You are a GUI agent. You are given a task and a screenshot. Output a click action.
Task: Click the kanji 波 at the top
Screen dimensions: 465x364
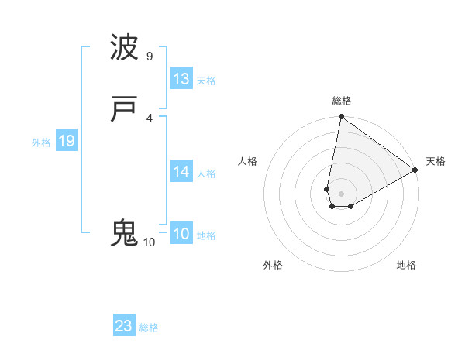[125, 48]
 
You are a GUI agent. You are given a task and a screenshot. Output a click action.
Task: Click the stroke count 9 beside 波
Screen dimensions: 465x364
[150, 57]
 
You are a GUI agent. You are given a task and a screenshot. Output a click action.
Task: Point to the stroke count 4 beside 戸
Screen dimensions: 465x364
[150, 118]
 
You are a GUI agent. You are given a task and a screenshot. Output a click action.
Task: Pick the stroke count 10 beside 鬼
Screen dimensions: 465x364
[150, 242]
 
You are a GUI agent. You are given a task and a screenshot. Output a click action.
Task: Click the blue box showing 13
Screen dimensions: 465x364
[181, 79]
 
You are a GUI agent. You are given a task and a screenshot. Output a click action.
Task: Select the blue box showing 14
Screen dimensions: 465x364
[181, 172]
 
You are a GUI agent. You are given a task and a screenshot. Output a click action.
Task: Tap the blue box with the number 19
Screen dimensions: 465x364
[67, 141]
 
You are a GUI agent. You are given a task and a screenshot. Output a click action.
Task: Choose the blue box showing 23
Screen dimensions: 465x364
[124, 326]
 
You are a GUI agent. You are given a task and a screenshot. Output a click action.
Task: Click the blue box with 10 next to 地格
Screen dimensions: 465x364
[181, 234]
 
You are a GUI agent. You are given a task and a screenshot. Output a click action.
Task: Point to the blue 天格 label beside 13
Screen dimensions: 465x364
[206, 81]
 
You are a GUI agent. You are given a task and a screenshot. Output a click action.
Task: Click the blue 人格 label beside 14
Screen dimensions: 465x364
[206, 173]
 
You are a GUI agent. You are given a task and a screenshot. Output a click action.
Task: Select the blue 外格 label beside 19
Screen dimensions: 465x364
[41, 143]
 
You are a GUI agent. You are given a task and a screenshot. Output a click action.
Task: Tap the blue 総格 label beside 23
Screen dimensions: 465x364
[149, 328]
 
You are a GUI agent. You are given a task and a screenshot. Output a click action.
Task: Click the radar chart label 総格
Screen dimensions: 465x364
[342, 101]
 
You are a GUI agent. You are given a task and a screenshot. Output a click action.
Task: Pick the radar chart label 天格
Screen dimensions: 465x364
[436, 161]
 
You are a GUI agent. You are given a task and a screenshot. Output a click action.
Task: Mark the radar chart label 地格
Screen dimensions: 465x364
[406, 265]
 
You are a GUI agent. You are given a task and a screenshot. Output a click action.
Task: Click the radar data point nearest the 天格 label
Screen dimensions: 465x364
[415, 170]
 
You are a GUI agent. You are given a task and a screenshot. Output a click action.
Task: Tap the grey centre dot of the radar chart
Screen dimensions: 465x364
[342, 194]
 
